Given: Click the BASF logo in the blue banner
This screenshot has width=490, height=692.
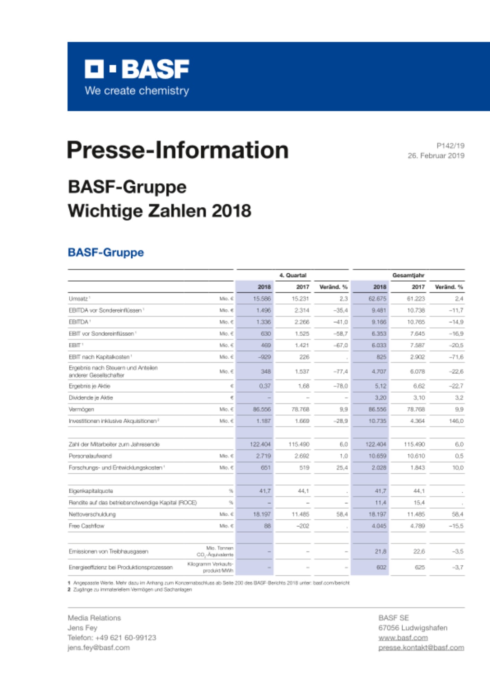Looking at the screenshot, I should click(137, 69).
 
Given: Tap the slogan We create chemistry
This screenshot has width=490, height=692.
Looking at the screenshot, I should click(137, 91).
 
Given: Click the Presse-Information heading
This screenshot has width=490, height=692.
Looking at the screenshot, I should click(177, 150).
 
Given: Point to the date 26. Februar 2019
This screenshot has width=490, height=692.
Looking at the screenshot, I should click(436, 156).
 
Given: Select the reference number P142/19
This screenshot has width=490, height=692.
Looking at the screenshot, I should click(450, 146).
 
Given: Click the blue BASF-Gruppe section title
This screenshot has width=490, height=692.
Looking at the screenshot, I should click(106, 252).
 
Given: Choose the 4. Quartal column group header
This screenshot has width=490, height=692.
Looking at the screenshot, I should click(293, 275).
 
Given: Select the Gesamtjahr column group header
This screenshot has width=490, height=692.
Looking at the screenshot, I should click(408, 275).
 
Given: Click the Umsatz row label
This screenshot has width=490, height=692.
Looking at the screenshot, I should click(78, 299).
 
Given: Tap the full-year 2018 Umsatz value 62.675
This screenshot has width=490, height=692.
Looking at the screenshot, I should click(377, 299).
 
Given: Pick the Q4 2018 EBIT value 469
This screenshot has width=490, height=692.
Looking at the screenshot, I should click(266, 345).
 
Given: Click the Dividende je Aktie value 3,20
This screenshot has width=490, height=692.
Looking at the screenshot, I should click(380, 398).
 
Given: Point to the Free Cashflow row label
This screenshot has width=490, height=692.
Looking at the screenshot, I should click(86, 526).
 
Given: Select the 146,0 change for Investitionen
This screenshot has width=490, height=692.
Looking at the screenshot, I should click(456, 421).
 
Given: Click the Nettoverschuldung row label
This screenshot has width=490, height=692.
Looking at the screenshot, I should click(92, 514).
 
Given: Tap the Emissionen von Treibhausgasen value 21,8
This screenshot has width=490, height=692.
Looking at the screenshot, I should click(380, 552).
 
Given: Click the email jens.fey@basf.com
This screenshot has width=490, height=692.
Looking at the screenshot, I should click(98, 648).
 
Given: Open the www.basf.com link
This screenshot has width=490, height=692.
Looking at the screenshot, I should click(403, 638).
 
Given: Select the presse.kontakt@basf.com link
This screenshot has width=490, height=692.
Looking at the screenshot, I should click(421, 648).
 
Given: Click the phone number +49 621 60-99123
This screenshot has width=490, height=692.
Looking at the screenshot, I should click(125, 638).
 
